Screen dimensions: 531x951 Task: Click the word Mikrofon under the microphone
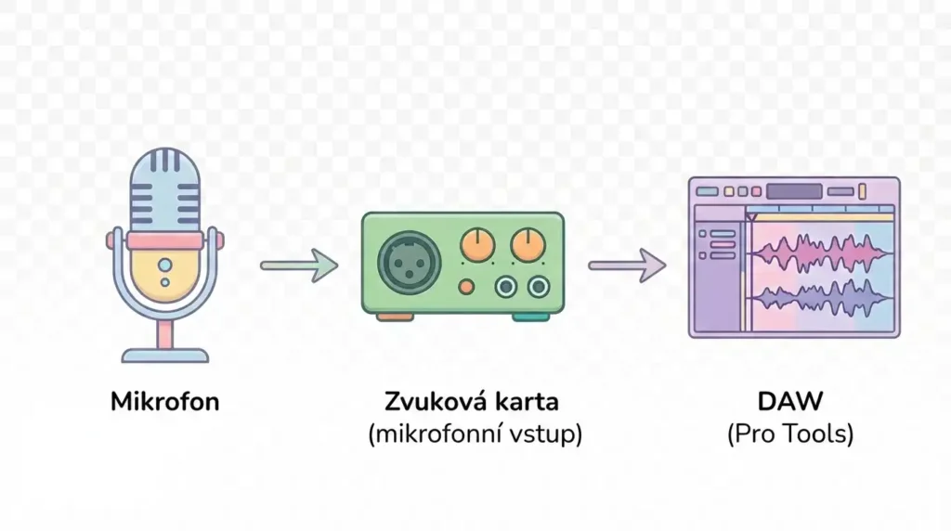pos(165,403)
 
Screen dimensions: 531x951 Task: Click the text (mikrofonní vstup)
pos(475,434)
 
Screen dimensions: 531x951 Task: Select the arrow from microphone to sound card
pos(299,265)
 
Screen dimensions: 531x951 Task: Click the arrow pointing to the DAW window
pos(627,266)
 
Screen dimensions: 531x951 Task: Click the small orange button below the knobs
pos(465,285)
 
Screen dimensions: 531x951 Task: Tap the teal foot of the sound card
pos(531,317)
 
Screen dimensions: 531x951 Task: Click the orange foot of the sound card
pos(395,317)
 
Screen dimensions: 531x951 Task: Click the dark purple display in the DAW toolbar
pos(794,191)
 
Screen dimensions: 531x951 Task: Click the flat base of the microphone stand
pos(165,355)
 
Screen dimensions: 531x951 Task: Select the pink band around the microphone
pos(165,240)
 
